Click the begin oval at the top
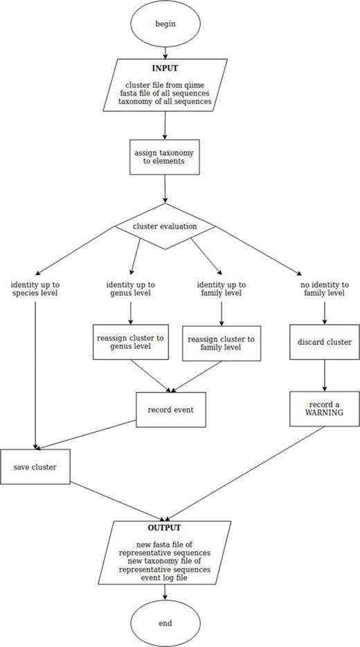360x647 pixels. click(x=165, y=24)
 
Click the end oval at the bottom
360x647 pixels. click(x=165, y=623)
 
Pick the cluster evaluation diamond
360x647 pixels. click(x=164, y=226)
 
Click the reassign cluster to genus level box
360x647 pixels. click(x=132, y=343)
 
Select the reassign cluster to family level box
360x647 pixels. click(x=221, y=344)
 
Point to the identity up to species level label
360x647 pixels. click(x=34, y=288)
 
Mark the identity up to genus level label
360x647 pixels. click(x=132, y=290)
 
